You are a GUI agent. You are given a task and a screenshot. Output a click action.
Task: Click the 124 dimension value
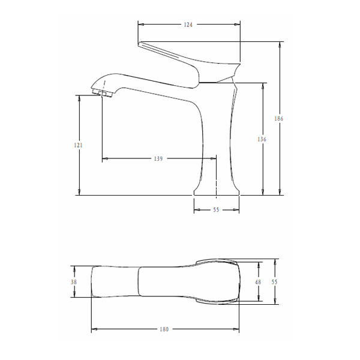pos(188,25)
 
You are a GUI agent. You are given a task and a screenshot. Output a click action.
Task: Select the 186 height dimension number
pos(278,119)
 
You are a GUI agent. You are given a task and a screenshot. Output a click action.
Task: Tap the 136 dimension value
pos(262,139)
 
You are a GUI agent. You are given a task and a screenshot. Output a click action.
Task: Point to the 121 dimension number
pos(79,145)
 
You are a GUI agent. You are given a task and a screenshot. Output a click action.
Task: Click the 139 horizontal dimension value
pos(158,159)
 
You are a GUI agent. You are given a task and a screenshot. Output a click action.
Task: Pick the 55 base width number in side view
pos(216,211)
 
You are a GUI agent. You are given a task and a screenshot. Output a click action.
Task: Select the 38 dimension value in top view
pos(74,282)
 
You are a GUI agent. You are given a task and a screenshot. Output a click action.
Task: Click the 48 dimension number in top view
pos(259,282)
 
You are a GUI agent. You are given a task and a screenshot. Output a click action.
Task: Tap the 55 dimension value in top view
pos(275,282)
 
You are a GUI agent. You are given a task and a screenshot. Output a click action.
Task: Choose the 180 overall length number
pos(165,329)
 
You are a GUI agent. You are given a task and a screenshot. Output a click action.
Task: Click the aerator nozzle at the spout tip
pos(103,93)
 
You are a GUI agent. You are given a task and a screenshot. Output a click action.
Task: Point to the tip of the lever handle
pos(140,44)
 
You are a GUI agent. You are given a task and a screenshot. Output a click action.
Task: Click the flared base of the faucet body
pos(216,191)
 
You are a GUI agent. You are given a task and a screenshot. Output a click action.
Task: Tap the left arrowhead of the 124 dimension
pos(140,25)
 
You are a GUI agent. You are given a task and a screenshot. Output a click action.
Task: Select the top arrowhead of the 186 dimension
pos(279,44)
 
